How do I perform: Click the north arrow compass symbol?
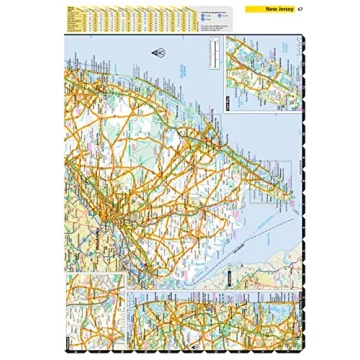click(157, 52)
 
